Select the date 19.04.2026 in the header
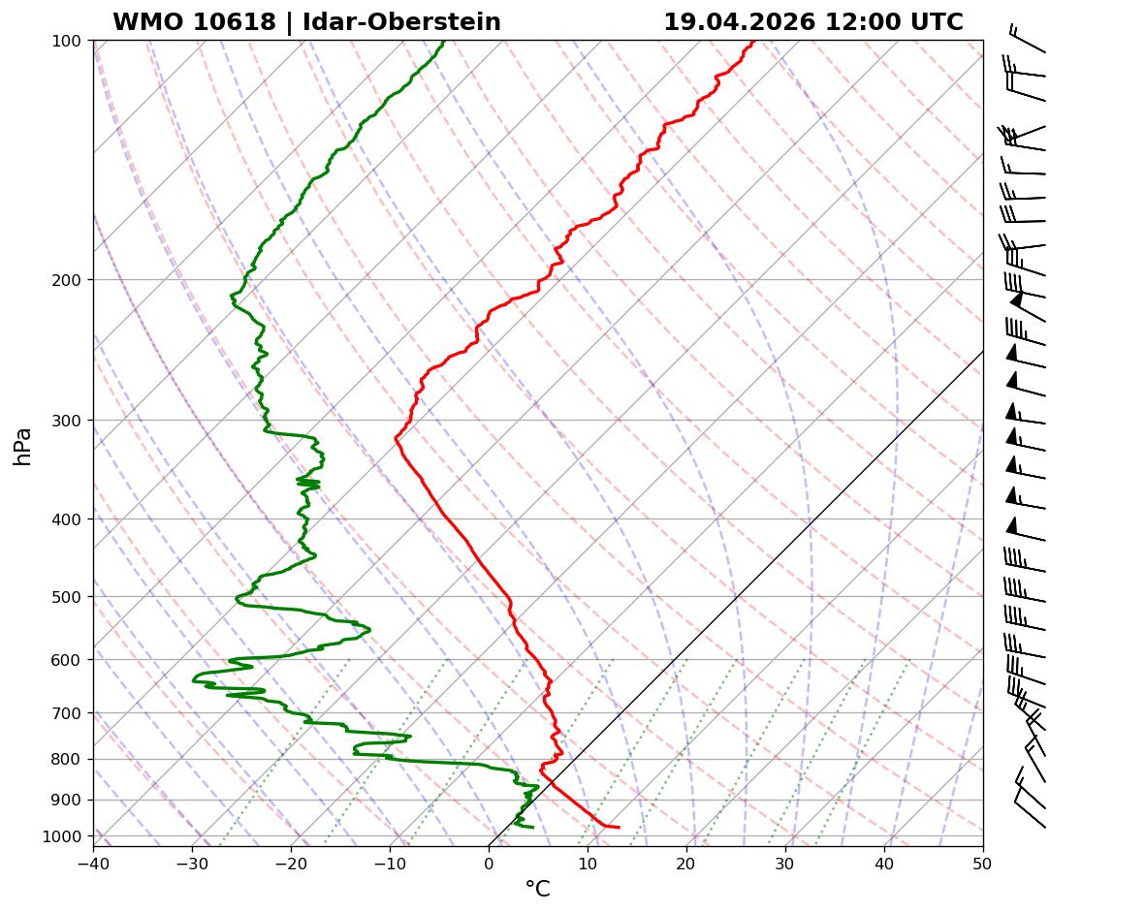[739, 22]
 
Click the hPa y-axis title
[23, 446]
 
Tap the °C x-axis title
[537, 889]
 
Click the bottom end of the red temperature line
[619, 827]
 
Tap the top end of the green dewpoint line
[443, 42]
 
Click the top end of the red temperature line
[752, 42]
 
